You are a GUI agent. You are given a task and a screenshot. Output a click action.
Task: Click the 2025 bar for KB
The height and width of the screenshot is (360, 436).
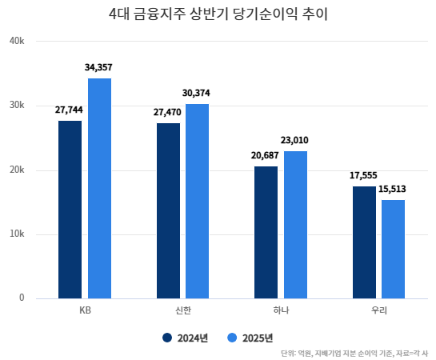pyautogui.click(x=99, y=189)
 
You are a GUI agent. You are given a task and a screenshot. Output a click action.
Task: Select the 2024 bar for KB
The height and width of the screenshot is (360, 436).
pyautogui.click(x=70, y=210)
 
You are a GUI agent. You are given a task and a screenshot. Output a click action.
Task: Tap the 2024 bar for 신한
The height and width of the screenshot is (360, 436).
pyautogui.click(x=168, y=210)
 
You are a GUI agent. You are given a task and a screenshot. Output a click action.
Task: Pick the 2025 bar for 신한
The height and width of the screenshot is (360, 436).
pyautogui.click(x=197, y=202)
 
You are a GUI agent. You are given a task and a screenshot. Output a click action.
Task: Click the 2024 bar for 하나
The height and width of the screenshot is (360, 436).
pyautogui.click(x=266, y=233)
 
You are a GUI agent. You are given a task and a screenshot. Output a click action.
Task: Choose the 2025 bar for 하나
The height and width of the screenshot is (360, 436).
pyautogui.click(x=295, y=225)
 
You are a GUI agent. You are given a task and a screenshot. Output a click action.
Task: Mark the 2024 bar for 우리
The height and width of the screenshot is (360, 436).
pyautogui.click(x=364, y=242)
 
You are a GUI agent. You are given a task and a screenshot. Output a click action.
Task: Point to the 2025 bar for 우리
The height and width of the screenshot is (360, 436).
pyautogui.click(x=393, y=249)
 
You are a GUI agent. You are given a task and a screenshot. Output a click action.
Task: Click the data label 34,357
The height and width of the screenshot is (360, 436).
pyautogui.click(x=98, y=67)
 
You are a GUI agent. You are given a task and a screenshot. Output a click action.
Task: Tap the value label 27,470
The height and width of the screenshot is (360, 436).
pyautogui.click(x=167, y=112)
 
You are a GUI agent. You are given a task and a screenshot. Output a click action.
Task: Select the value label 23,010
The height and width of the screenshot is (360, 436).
pyautogui.click(x=294, y=140)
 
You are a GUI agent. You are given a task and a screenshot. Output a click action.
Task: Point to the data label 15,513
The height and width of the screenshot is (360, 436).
pyautogui.click(x=392, y=190)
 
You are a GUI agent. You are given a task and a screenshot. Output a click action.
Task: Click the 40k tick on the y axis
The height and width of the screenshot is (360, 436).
pyautogui.click(x=17, y=41)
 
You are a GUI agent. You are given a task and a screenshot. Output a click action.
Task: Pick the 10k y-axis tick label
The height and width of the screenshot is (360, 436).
pyautogui.click(x=17, y=234)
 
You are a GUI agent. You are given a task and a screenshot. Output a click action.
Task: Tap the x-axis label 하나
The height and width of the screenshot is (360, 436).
pyautogui.click(x=281, y=310)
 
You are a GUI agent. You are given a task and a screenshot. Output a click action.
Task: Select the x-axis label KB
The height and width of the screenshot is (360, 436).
pyautogui.click(x=85, y=310)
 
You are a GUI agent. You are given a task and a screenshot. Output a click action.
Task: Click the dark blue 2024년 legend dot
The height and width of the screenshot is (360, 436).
pyautogui.click(x=167, y=338)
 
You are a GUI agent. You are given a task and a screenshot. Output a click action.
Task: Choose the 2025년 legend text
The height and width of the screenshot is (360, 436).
pyautogui.click(x=258, y=338)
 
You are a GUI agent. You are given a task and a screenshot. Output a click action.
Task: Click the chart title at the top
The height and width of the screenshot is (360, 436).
pyautogui.click(x=218, y=14)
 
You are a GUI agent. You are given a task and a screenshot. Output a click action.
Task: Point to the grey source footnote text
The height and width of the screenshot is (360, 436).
pyautogui.click(x=354, y=354)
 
